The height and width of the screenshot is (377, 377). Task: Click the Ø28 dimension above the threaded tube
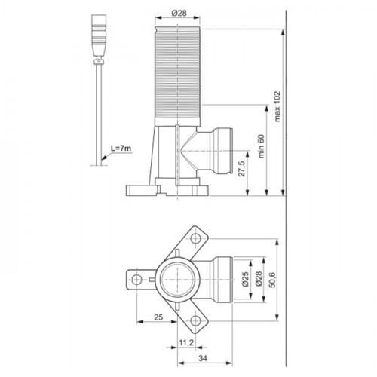[179, 13]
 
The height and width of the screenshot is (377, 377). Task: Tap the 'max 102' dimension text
[277, 106]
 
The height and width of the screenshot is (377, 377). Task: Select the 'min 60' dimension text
[262, 146]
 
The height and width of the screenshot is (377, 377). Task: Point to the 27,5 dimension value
[242, 169]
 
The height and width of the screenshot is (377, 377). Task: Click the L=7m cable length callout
[121, 149]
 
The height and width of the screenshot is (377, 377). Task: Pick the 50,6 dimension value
[272, 280]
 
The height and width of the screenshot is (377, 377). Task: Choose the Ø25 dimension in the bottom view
[246, 279]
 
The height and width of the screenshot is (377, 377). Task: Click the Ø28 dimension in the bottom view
[259, 279]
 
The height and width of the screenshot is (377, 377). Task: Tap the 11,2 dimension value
[186, 342]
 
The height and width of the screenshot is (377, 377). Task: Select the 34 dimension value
[203, 358]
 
